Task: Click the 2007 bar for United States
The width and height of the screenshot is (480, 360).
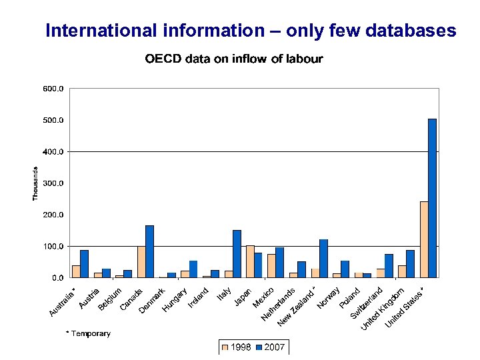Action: click(x=432, y=198)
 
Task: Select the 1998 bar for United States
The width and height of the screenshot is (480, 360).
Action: click(x=424, y=239)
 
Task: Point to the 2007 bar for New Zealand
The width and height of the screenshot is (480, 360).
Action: click(x=323, y=259)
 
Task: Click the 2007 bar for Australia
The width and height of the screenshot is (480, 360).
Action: click(x=84, y=264)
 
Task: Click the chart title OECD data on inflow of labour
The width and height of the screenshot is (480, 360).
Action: click(x=234, y=59)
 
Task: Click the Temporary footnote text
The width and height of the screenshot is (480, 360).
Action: click(x=88, y=333)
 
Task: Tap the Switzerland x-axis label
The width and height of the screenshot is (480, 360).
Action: click(x=367, y=303)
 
